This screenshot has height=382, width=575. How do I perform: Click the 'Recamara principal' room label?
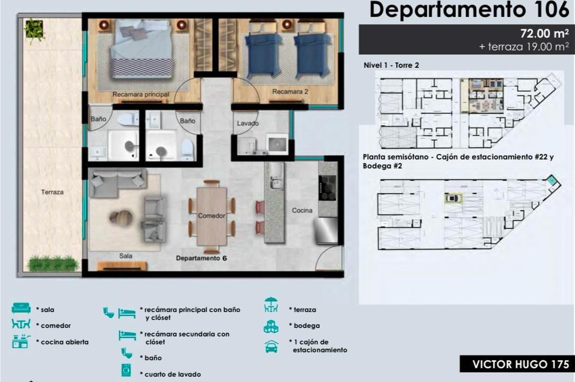141,94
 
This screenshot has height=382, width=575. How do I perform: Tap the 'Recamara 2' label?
290,91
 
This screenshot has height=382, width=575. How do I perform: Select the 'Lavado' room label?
248,123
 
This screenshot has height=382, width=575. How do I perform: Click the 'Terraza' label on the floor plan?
52,192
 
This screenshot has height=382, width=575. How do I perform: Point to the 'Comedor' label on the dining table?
212,216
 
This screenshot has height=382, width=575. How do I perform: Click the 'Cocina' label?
302,210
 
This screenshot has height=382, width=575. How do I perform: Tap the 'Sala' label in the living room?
125,256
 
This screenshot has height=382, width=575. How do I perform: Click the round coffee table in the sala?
121,218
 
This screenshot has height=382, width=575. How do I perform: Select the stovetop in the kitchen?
327,188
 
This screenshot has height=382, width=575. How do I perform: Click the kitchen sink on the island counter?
275,176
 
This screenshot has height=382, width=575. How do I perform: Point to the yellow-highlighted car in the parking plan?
453,199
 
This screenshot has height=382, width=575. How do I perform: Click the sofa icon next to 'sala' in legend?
21,308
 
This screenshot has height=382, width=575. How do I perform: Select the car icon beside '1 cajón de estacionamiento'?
272,347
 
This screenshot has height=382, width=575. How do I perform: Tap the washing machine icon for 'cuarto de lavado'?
126,370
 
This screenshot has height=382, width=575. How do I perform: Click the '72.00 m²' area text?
545,33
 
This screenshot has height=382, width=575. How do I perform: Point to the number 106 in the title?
552,10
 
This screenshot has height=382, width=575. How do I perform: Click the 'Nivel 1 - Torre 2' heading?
391,65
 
